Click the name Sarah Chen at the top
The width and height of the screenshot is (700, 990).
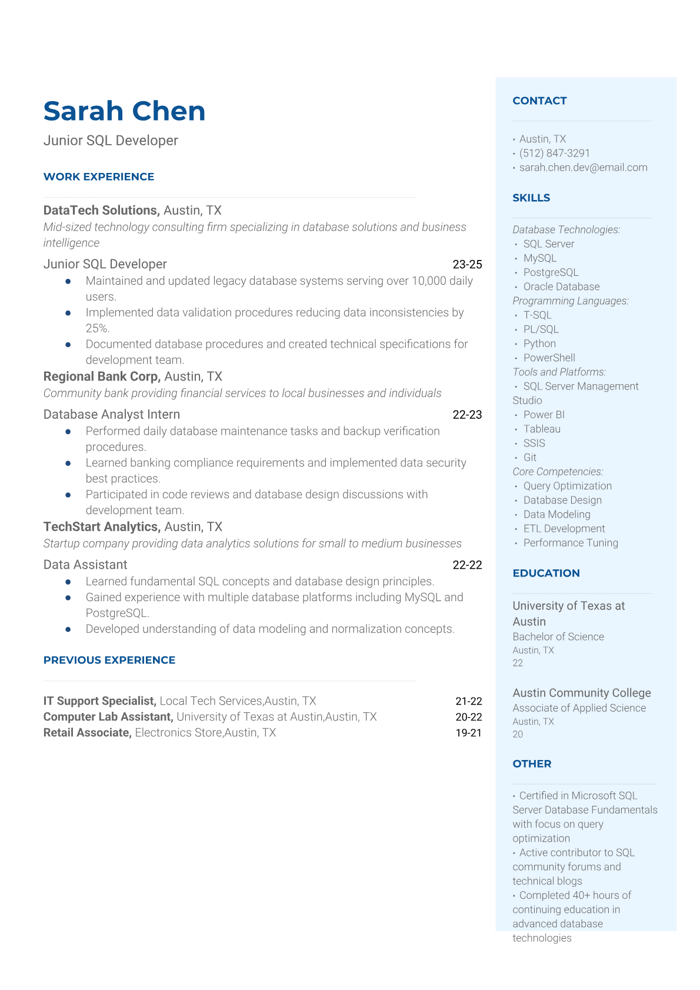pos(124,111)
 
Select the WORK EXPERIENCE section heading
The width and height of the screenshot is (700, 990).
pos(99,176)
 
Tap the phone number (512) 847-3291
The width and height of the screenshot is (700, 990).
pos(554,153)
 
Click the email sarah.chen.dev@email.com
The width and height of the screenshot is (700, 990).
pos(583,167)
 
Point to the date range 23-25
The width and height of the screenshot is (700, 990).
pos(467,265)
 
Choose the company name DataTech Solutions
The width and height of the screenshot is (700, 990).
pos(101,210)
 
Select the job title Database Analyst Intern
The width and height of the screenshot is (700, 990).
pos(112,415)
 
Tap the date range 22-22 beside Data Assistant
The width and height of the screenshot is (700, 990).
pos(467,565)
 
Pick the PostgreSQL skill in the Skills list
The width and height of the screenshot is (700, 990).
pos(551,272)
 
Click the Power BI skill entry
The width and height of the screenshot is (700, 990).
pos(544,415)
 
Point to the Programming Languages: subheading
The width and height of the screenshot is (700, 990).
pos(571,301)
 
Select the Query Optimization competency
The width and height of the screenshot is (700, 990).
pos(567,486)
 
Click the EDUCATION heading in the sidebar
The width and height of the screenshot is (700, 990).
pos(546,573)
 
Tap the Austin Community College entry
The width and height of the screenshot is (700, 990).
pos(581,693)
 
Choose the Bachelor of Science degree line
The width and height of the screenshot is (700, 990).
pos(558,636)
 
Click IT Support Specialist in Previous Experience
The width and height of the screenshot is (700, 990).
pos(99,701)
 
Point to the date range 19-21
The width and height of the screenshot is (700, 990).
pos(468,733)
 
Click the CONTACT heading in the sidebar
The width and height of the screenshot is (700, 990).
pos(539,101)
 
